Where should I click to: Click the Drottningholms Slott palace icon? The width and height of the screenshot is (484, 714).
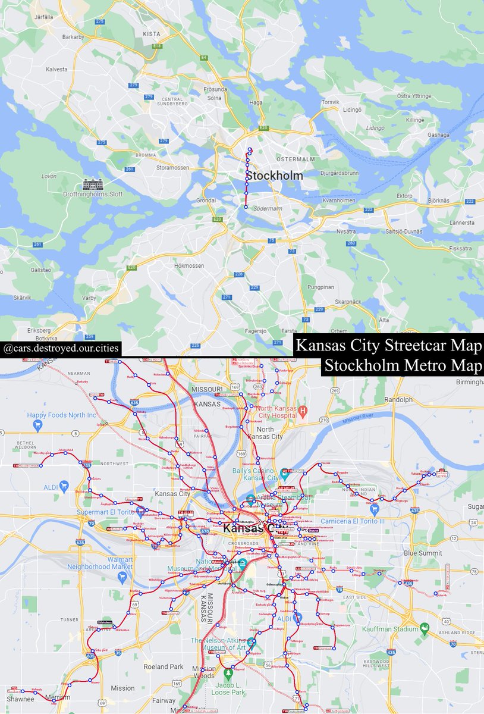pos(93,184)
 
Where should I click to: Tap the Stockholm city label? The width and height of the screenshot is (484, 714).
pos(274,176)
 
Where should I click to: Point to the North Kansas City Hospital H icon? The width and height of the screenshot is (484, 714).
pos(302,410)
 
